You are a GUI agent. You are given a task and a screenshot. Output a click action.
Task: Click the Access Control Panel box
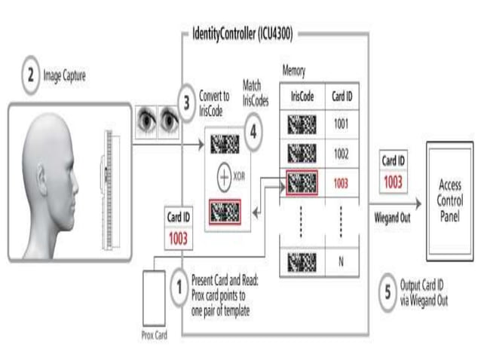click(449, 200)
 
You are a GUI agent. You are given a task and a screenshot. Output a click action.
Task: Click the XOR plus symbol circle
click(225, 178)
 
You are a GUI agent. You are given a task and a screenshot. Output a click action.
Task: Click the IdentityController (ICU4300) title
click(241, 35)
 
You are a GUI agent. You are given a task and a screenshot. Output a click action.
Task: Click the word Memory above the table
click(294, 71)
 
